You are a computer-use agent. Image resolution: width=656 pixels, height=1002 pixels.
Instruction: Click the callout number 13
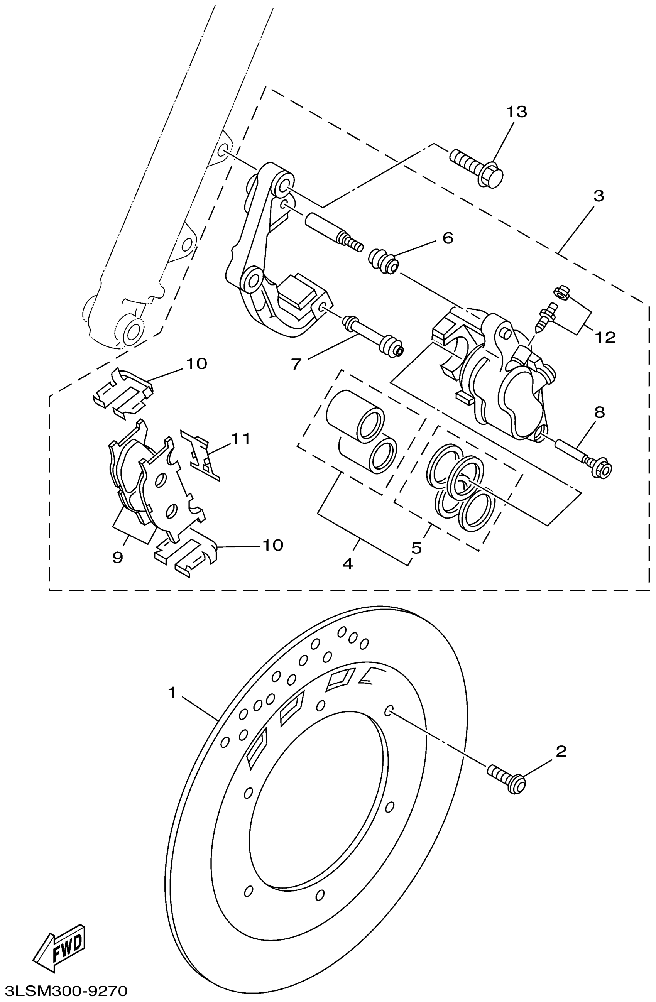pos(516,112)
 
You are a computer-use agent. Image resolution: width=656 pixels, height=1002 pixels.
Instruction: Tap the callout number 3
pos(599,196)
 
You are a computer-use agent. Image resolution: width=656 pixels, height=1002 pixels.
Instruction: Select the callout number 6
pos(448,238)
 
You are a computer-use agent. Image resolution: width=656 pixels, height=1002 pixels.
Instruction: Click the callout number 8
pos(600,412)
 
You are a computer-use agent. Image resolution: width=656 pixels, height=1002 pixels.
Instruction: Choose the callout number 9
pos(118,558)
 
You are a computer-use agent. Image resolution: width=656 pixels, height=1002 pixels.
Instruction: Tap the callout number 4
pos(347,564)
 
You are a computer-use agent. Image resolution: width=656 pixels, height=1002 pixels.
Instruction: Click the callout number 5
pos(416,548)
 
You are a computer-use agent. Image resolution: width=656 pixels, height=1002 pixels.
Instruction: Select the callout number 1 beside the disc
pos(172,692)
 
